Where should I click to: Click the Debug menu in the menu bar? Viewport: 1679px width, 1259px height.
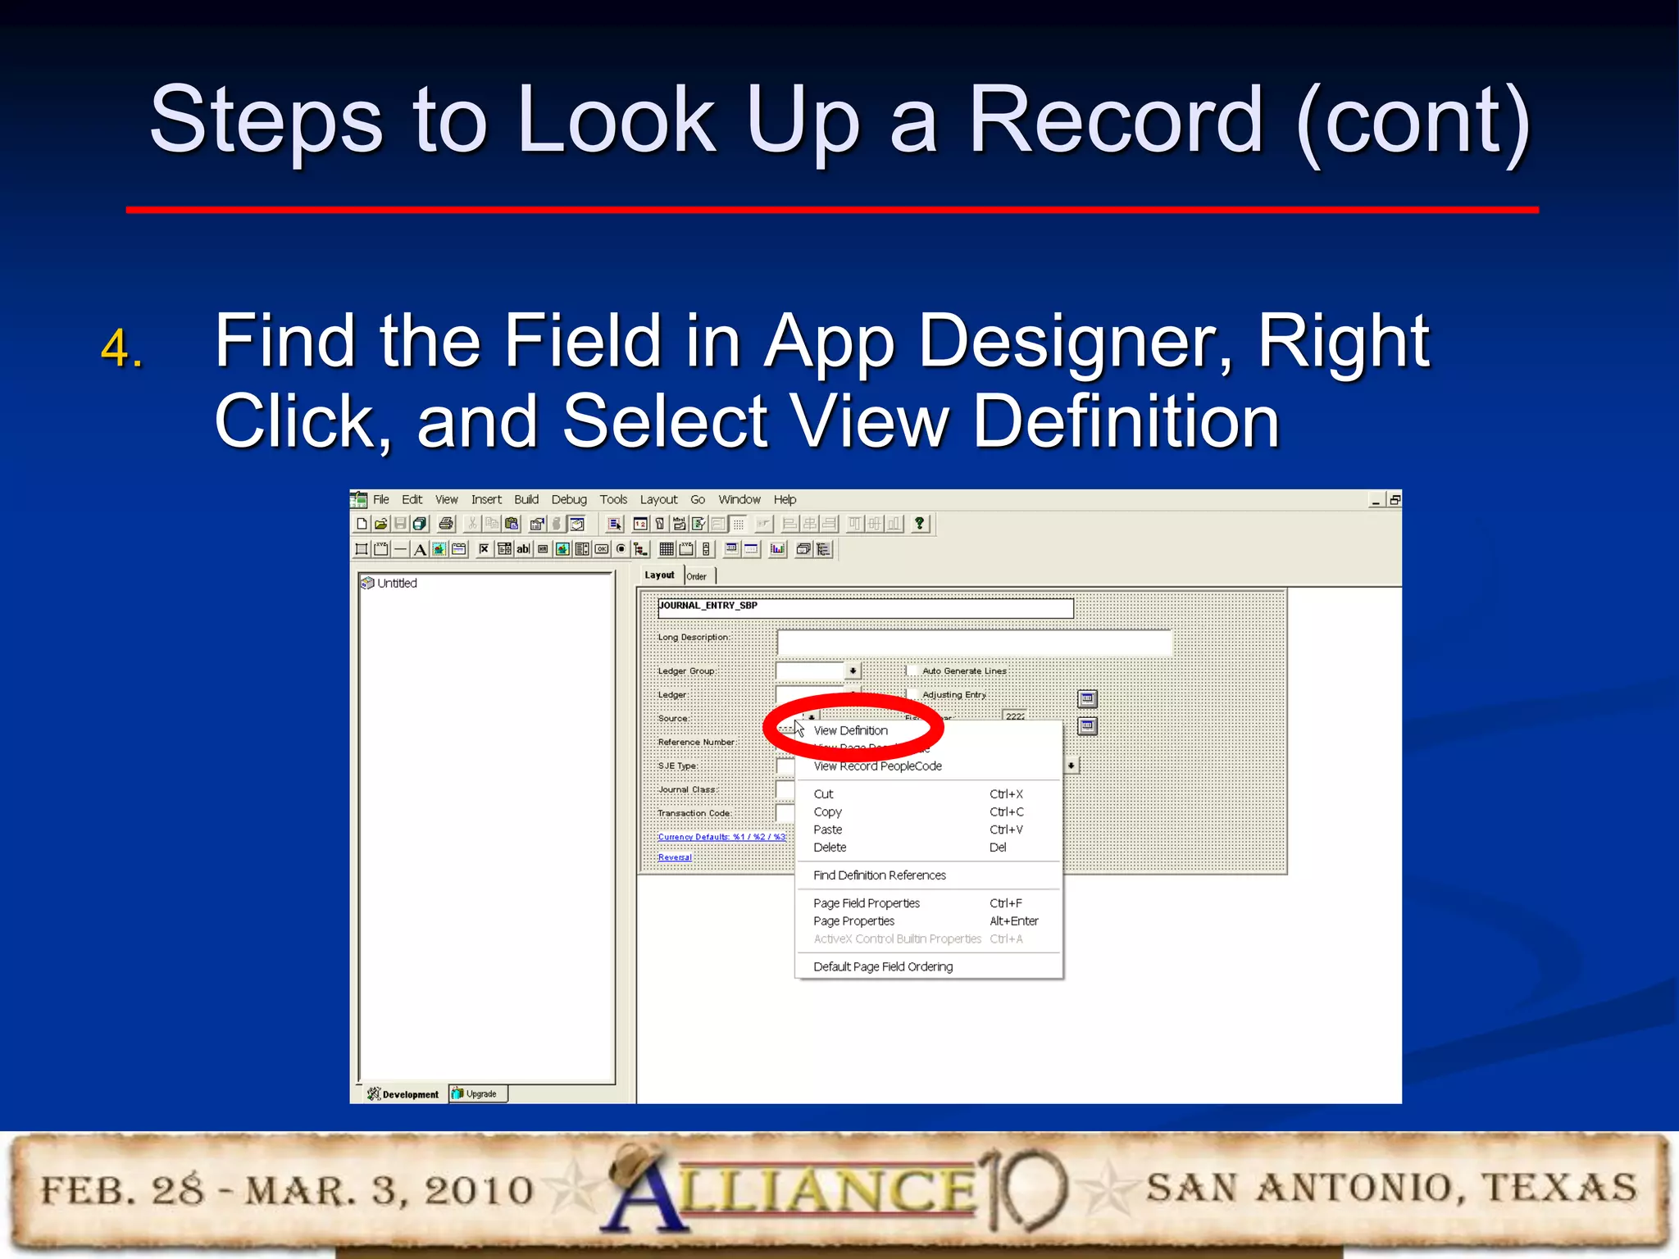point(568,500)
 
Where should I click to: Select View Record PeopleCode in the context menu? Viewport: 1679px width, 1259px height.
point(877,766)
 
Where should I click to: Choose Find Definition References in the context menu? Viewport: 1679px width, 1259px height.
point(879,875)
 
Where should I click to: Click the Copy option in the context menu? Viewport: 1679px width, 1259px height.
point(827,812)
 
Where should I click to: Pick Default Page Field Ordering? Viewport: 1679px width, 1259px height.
point(882,967)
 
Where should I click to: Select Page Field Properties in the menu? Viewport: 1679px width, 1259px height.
point(866,903)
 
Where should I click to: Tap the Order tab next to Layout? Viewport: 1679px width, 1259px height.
point(697,576)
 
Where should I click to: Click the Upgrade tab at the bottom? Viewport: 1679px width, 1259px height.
point(480,1094)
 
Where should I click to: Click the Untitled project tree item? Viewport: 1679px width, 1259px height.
point(397,584)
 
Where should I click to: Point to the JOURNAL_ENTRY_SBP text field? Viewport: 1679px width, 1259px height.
point(865,607)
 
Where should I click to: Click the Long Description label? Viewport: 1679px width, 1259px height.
point(693,638)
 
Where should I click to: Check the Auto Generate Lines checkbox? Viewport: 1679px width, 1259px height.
point(912,670)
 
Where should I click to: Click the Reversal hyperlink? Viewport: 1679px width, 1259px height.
point(675,857)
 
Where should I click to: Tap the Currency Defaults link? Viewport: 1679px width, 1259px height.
point(721,837)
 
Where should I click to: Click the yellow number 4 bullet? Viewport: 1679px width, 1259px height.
point(121,348)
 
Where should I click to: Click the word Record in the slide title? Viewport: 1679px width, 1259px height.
point(1116,120)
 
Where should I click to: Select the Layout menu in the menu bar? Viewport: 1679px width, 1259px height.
point(658,500)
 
